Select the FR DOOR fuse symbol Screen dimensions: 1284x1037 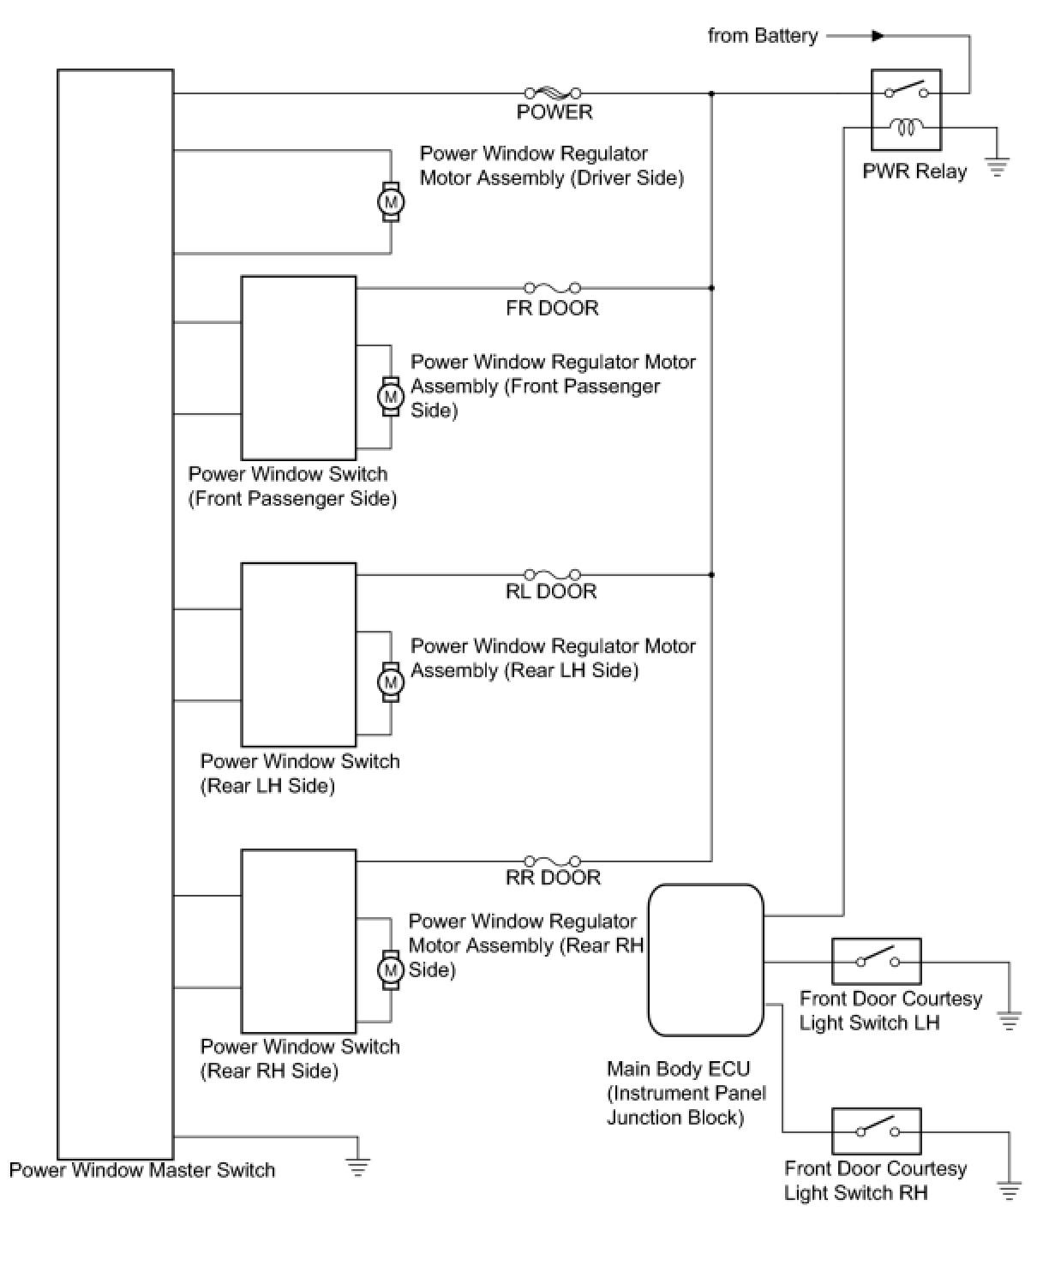pyautogui.click(x=553, y=288)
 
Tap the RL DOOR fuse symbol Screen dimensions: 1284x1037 pyautogui.click(x=553, y=574)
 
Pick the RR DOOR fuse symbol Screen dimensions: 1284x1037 pyautogui.click(x=553, y=861)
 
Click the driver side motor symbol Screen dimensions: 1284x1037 pyautogui.click(x=392, y=202)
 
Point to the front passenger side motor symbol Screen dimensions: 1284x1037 pyautogui.click(x=392, y=397)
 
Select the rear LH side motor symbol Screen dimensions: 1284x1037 pyautogui.click(x=392, y=682)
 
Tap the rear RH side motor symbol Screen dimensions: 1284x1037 pyautogui.click(x=392, y=969)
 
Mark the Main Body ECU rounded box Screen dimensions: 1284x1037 pyautogui.click(x=705, y=960)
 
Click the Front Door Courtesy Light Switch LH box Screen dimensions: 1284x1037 pyautogui.click(x=876, y=961)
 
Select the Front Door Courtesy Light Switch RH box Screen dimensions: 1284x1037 pyautogui.click(x=876, y=1131)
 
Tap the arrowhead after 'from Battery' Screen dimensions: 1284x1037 pyautogui.click(x=877, y=36)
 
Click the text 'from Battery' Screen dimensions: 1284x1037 pyautogui.click(x=763, y=36)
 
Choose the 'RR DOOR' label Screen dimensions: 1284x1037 pyautogui.click(x=553, y=878)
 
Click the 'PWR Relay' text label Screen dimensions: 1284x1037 pyautogui.click(x=914, y=171)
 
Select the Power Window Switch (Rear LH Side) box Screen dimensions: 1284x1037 pyautogui.click(x=298, y=655)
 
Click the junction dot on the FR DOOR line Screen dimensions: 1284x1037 pyautogui.click(x=711, y=288)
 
